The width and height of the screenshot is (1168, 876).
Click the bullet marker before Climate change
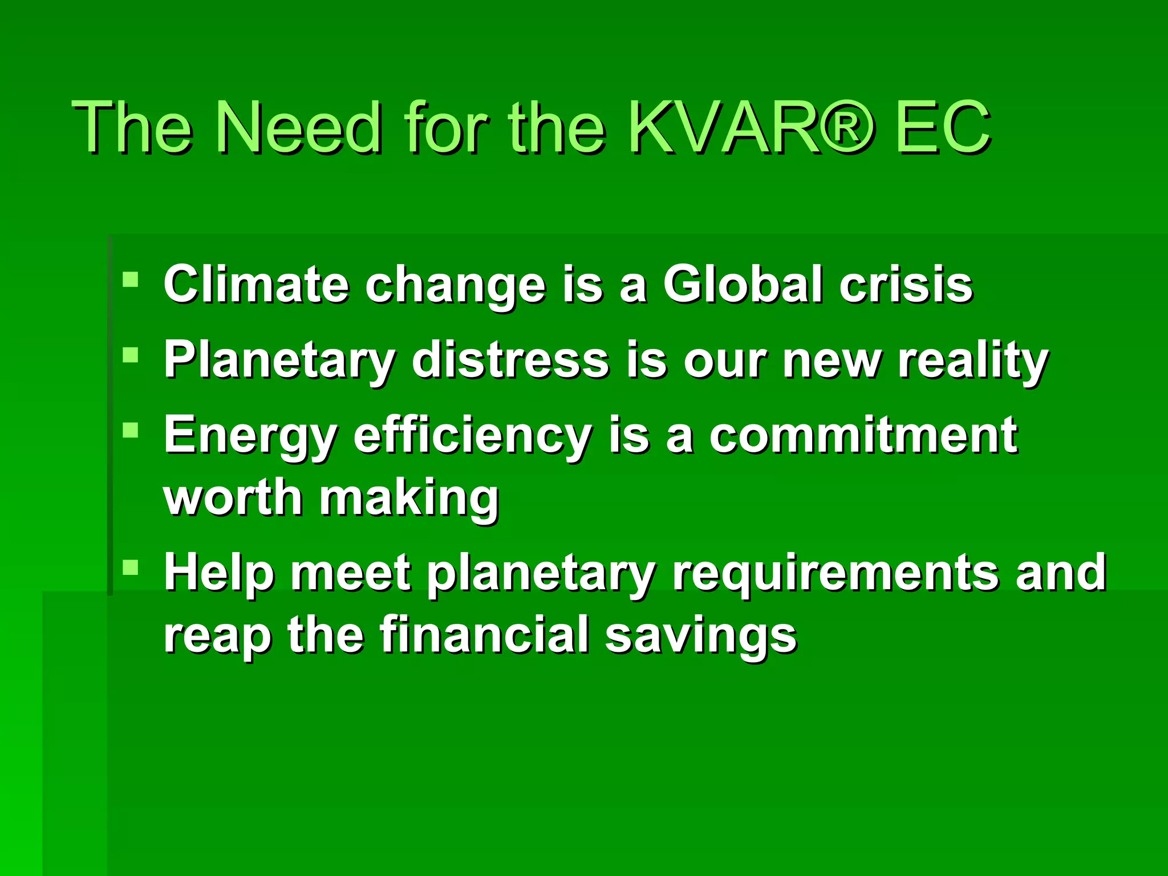coord(131,279)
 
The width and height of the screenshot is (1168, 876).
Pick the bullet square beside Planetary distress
coord(131,355)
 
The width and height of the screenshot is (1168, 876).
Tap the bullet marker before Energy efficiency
coord(131,429)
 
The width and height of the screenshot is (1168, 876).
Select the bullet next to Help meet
coord(131,567)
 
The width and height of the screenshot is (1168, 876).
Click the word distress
coord(510,360)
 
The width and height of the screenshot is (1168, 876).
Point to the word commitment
coord(863,436)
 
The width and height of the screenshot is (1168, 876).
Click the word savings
coord(701,636)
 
